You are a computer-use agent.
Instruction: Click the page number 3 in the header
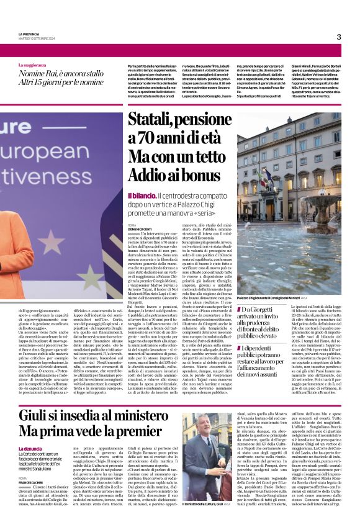click(x=339, y=37)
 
